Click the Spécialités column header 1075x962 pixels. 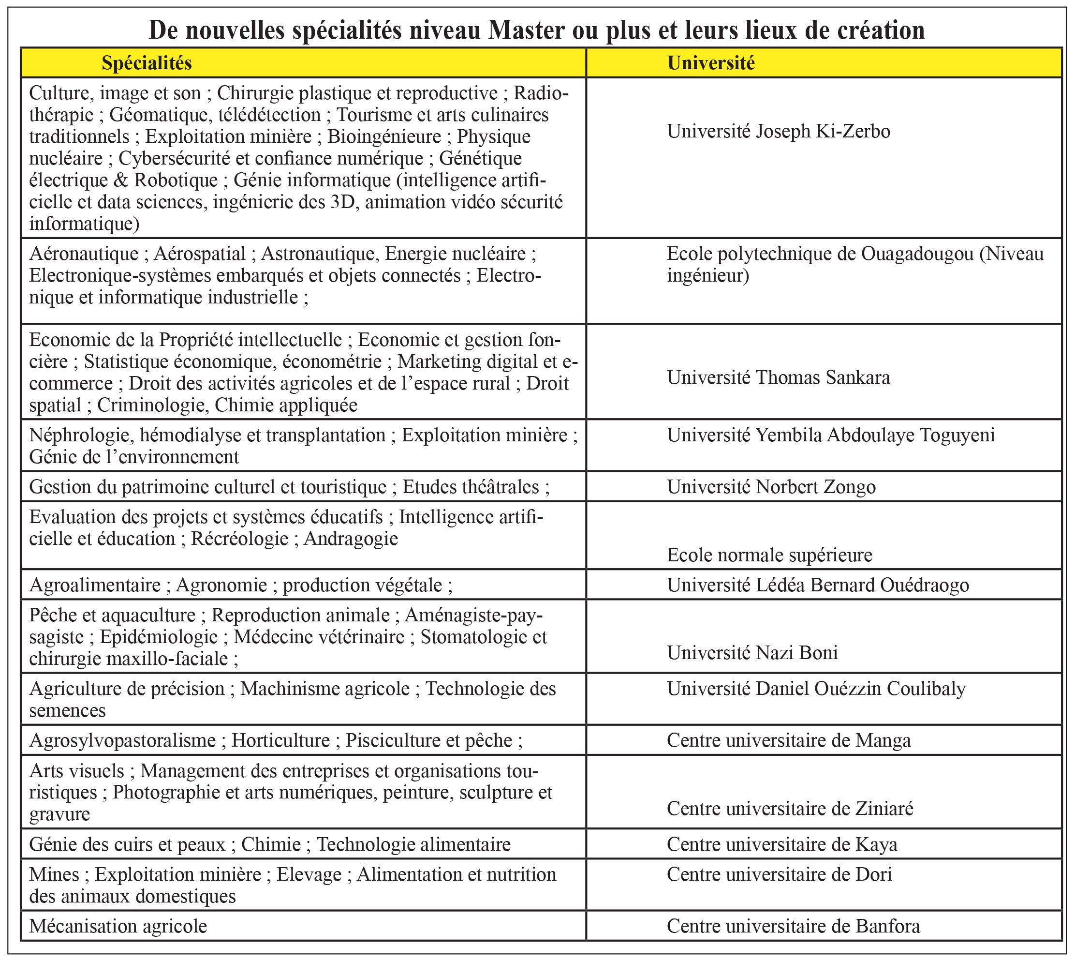(147, 63)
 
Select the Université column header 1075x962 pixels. (710, 63)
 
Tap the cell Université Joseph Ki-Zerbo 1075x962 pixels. (778, 131)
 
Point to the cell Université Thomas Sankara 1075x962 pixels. (778, 377)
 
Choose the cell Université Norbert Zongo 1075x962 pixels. (771, 486)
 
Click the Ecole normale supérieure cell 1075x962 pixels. (769, 555)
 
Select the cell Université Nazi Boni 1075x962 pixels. (752, 652)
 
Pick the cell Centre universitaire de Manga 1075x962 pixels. (789, 740)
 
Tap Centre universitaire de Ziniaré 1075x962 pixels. (790, 808)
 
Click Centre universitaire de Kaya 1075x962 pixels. (782, 844)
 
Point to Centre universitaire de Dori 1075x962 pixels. (779, 874)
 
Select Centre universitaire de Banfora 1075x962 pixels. (793, 926)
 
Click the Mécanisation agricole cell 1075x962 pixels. (118, 926)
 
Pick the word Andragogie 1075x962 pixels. (351, 539)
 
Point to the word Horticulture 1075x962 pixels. (280, 740)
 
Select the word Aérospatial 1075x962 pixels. (200, 254)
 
